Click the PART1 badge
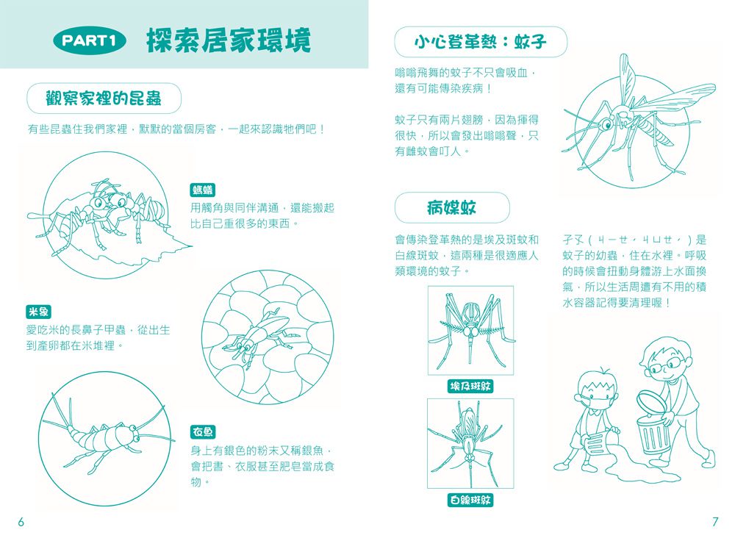point(89,41)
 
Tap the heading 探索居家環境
point(228,40)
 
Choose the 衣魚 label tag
point(203,431)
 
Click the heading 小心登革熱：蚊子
point(481,42)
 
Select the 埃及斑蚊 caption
point(470,386)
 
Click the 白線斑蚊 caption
point(470,501)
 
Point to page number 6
point(21,522)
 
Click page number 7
point(714,522)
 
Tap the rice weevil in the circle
point(258,335)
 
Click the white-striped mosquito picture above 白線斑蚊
point(470,444)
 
